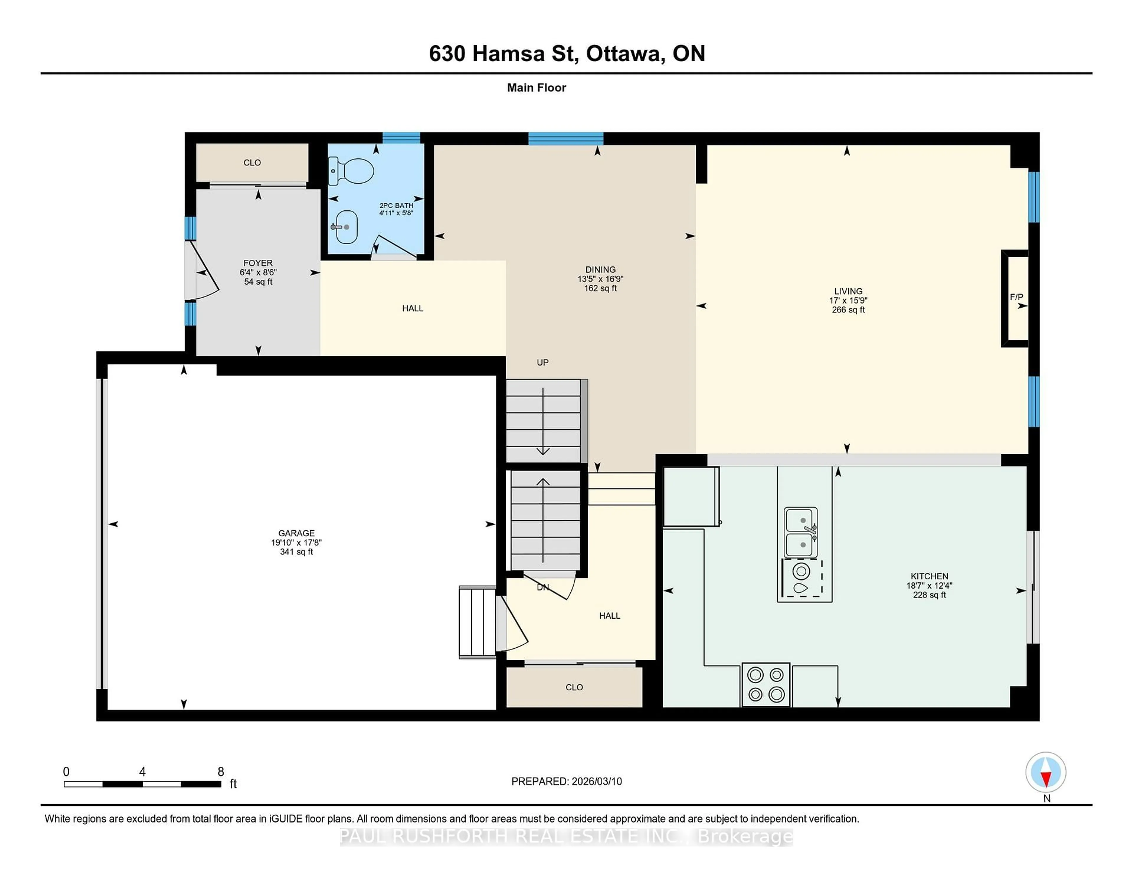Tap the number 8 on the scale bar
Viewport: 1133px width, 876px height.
tap(220, 772)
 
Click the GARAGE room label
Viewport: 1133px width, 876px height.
tap(296, 533)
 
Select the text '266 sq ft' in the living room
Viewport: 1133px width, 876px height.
tap(848, 310)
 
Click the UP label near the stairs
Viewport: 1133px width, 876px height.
tap(543, 362)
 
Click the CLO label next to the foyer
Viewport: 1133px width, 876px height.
tap(252, 162)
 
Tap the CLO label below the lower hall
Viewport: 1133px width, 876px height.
tap(574, 687)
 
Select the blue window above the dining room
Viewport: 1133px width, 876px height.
tap(565, 138)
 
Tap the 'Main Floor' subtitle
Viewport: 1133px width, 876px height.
tap(536, 88)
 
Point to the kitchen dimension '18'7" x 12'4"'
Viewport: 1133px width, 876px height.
tap(929, 585)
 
